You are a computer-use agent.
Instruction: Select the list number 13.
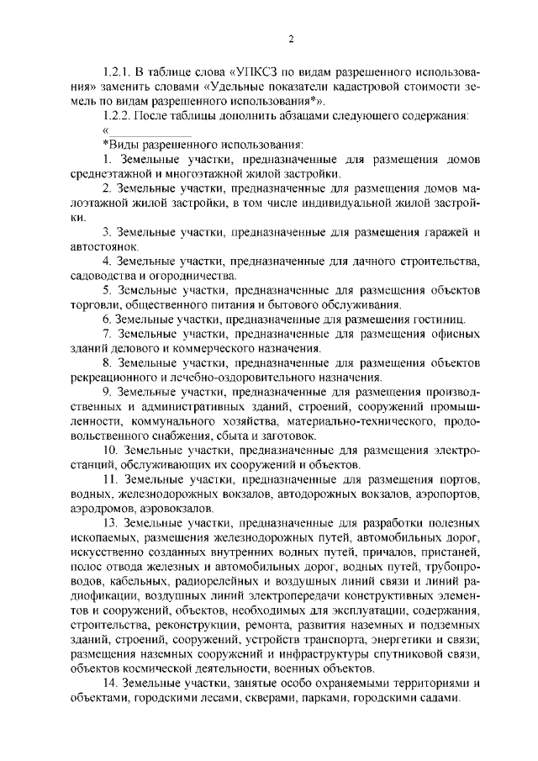click(108, 524)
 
